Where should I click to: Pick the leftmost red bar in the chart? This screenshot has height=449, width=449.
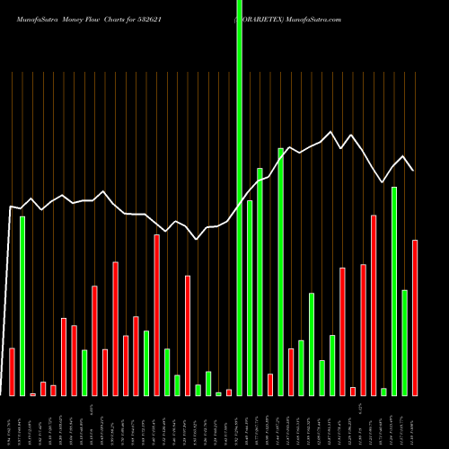(x=12, y=371)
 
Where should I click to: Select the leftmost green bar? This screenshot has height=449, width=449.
(x=22, y=305)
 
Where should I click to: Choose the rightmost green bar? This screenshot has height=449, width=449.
(x=405, y=342)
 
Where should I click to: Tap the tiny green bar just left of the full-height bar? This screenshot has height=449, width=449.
(x=218, y=393)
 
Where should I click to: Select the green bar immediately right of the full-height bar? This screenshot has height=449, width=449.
(x=250, y=297)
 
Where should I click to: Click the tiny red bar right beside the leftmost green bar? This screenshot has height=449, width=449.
(x=33, y=394)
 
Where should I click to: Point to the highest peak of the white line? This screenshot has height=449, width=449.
(x=332, y=132)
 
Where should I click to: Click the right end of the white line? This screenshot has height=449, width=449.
(x=413, y=170)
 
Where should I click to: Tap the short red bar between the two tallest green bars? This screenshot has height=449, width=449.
(x=270, y=384)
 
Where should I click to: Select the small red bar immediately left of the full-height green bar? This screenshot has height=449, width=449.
(x=229, y=392)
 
